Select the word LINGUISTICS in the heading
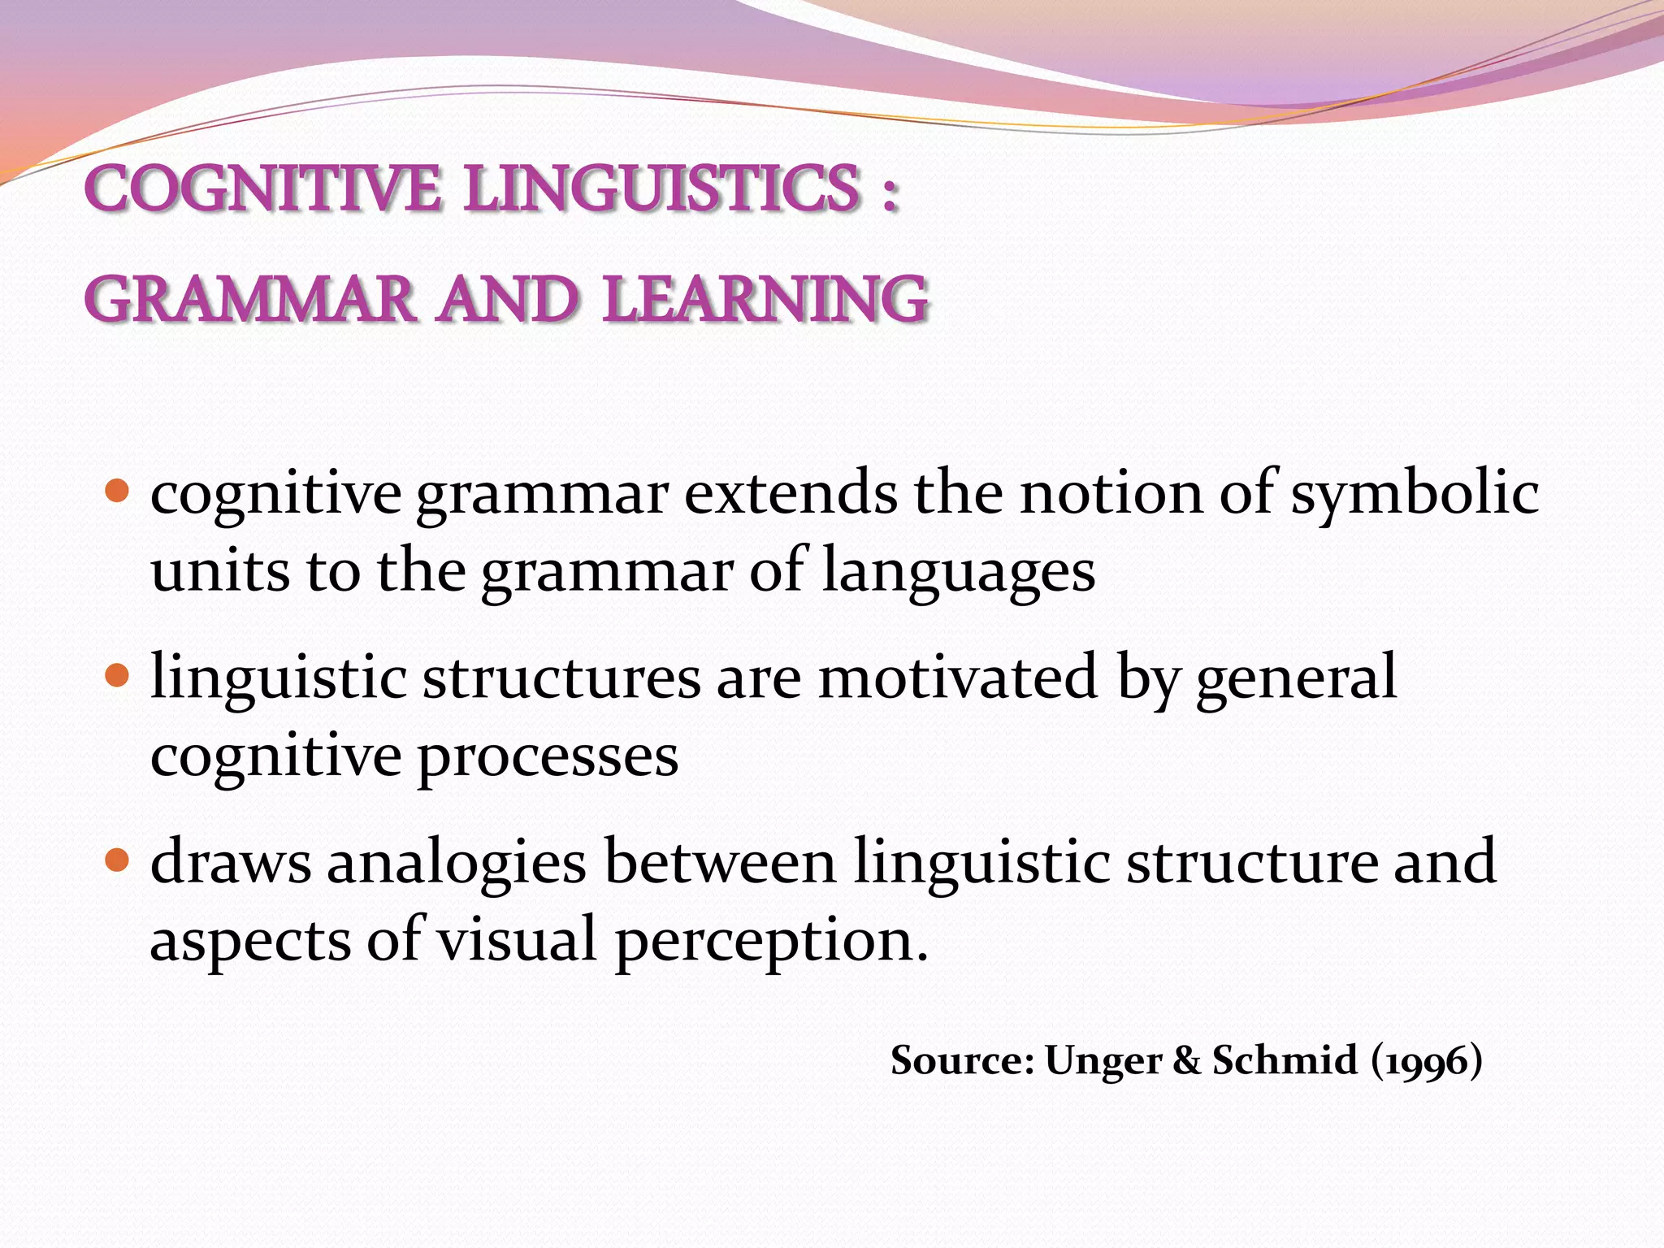tap(662, 188)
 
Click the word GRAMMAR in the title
tap(250, 299)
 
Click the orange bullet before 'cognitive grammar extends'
tap(118, 492)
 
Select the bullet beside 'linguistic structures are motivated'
tap(118, 675)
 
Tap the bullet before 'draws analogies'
tap(118, 860)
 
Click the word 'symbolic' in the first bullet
tap(1415, 494)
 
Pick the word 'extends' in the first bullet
tap(791, 492)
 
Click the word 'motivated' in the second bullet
tap(958, 676)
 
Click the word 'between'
tap(720, 861)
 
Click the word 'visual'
tap(518, 939)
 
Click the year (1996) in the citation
tap(1427, 1061)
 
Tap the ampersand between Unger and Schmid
tap(1186, 1060)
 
